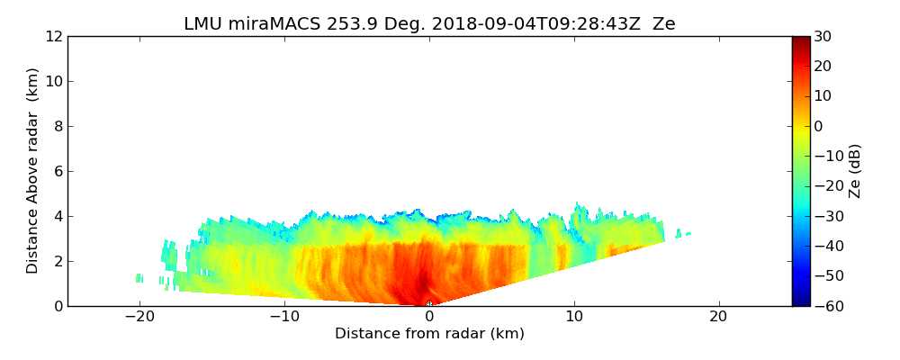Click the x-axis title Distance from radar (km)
[x=429, y=334]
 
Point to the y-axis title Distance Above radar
[x=33, y=170]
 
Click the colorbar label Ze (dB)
[x=855, y=170]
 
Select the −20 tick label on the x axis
[x=139, y=317]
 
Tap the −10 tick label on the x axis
[x=283, y=317]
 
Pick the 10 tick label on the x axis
[x=574, y=317]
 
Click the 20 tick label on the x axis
[x=718, y=317]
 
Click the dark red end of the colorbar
[x=801, y=40]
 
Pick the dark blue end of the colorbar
[x=801, y=301]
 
